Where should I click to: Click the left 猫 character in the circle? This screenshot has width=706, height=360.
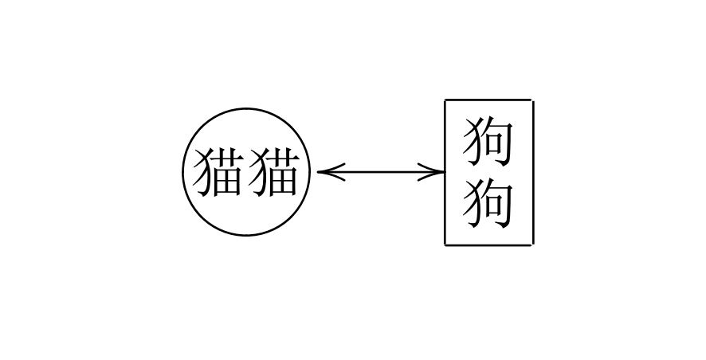pyautogui.click(x=218, y=173)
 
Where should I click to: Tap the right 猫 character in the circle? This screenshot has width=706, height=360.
pyautogui.click(x=274, y=173)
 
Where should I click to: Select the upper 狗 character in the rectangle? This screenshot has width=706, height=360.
pyautogui.click(x=488, y=141)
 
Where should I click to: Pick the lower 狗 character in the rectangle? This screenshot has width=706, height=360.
pyautogui.click(x=488, y=205)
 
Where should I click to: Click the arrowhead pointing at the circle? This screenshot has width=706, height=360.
pyautogui.click(x=330, y=172)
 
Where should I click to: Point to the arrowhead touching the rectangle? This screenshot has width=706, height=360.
pyautogui.click(x=431, y=172)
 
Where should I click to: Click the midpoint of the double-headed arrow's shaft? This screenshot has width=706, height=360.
pyautogui.click(x=381, y=172)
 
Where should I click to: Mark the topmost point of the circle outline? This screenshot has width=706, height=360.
pyautogui.click(x=246, y=108)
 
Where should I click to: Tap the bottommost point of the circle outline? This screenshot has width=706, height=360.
pyautogui.click(x=246, y=235)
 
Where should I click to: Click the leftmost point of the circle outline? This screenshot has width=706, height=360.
pyautogui.click(x=183, y=172)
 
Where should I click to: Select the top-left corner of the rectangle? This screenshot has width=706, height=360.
pyautogui.click(x=445, y=100)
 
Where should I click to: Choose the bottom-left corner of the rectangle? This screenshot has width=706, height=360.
pyautogui.click(x=445, y=245)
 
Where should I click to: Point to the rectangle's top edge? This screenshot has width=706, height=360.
pyautogui.click(x=489, y=100)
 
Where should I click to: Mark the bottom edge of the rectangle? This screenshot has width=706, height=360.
pyautogui.click(x=489, y=245)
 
